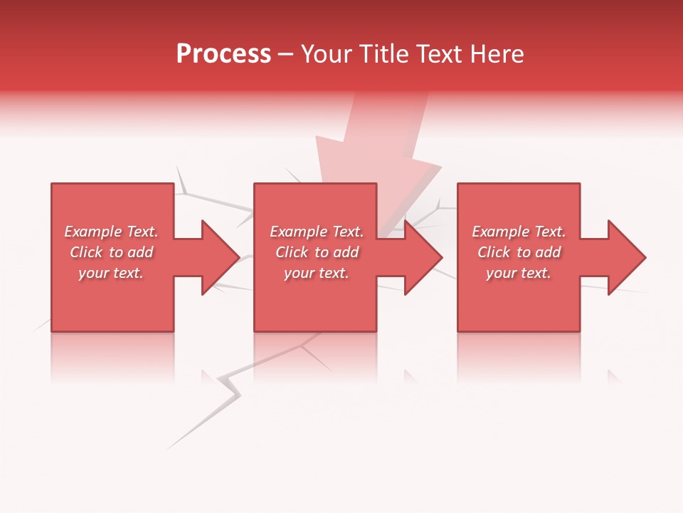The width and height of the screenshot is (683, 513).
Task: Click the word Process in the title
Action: (x=223, y=54)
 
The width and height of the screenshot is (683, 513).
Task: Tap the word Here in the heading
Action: (x=497, y=54)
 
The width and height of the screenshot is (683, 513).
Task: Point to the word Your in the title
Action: (x=327, y=54)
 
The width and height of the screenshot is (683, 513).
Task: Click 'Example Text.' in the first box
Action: (x=111, y=232)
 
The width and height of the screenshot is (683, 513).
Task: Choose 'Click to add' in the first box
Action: (x=111, y=252)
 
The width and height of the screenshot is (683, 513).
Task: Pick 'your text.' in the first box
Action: (x=111, y=273)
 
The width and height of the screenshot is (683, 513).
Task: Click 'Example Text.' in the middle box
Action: (x=317, y=232)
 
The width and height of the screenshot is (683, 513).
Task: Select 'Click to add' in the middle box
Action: (x=317, y=252)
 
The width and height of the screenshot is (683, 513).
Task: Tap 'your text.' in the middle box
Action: (x=317, y=273)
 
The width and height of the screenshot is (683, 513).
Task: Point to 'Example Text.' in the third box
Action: (x=519, y=232)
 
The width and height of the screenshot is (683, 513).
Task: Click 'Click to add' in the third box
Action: (x=519, y=252)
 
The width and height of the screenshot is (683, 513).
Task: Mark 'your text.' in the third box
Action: (x=519, y=273)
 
